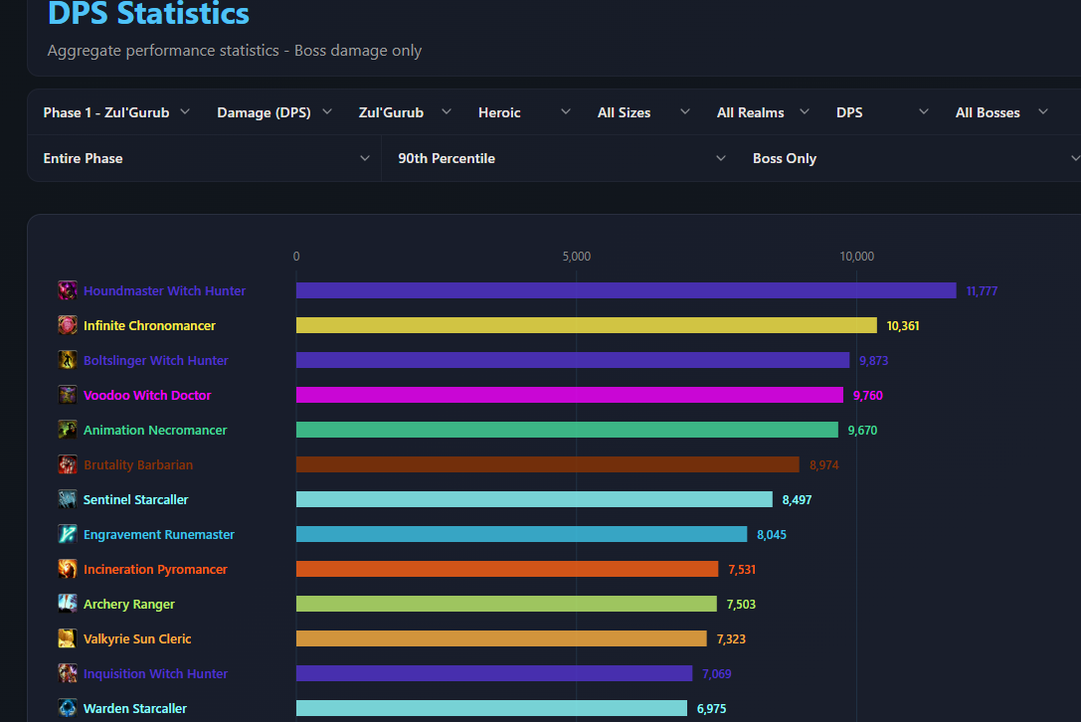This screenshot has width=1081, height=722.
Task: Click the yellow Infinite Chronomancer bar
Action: point(586,325)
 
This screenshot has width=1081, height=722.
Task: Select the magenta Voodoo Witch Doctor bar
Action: point(570,395)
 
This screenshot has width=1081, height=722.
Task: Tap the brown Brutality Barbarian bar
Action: point(547,464)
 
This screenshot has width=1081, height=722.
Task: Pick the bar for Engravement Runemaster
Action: point(521,534)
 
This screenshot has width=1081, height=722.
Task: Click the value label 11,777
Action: point(982,291)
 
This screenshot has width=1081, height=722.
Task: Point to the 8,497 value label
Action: point(797,500)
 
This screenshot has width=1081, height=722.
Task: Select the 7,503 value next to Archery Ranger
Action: point(741,604)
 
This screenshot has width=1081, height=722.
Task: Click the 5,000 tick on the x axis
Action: point(577,257)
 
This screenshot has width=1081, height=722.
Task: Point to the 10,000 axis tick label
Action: point(856,257)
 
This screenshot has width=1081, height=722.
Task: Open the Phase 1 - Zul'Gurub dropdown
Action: point(115,112)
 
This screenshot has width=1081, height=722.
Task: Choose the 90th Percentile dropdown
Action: point(562,158)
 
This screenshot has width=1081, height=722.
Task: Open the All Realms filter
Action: point(763,112)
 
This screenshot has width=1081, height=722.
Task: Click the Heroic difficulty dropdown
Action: point(524,112)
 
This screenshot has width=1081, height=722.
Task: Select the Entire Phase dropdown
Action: point(206,158)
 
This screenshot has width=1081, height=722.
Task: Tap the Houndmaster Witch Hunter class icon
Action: point(68,290)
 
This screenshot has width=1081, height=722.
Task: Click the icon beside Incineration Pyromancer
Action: point(68,569)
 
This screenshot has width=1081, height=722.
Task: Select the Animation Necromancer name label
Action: point(155,431)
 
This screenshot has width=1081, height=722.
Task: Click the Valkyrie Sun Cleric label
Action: point(137,639)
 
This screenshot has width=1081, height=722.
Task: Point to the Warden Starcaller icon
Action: point(68,708)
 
